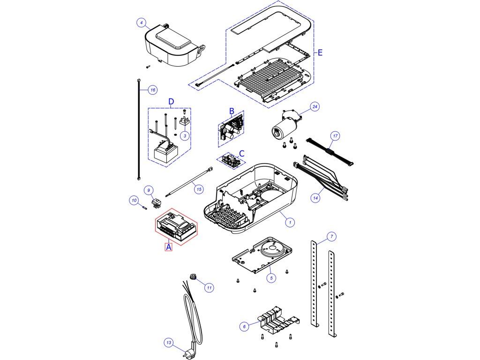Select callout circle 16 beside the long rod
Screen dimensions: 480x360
click(x=152, y=90)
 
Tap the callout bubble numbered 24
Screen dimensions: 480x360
click(x=315, y=107)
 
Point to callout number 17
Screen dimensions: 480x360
click(x=335, y=136)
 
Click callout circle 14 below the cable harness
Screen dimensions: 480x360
click(x=315, y=198)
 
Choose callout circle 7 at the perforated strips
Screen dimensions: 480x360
click(x=332, y=236)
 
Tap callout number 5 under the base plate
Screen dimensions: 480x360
click(x=271, y=278)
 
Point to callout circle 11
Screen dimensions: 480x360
click(x=209, y=287)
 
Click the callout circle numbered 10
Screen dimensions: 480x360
click(x=134, y=201)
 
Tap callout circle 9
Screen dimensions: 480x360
click(x=149, y=190)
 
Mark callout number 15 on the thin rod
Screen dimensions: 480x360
click(x=199, y=189)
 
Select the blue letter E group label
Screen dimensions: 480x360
click(x=320, y=53)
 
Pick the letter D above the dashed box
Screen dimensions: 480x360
click(x=171, y=101)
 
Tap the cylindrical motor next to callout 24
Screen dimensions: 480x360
click(x=283, y=127)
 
